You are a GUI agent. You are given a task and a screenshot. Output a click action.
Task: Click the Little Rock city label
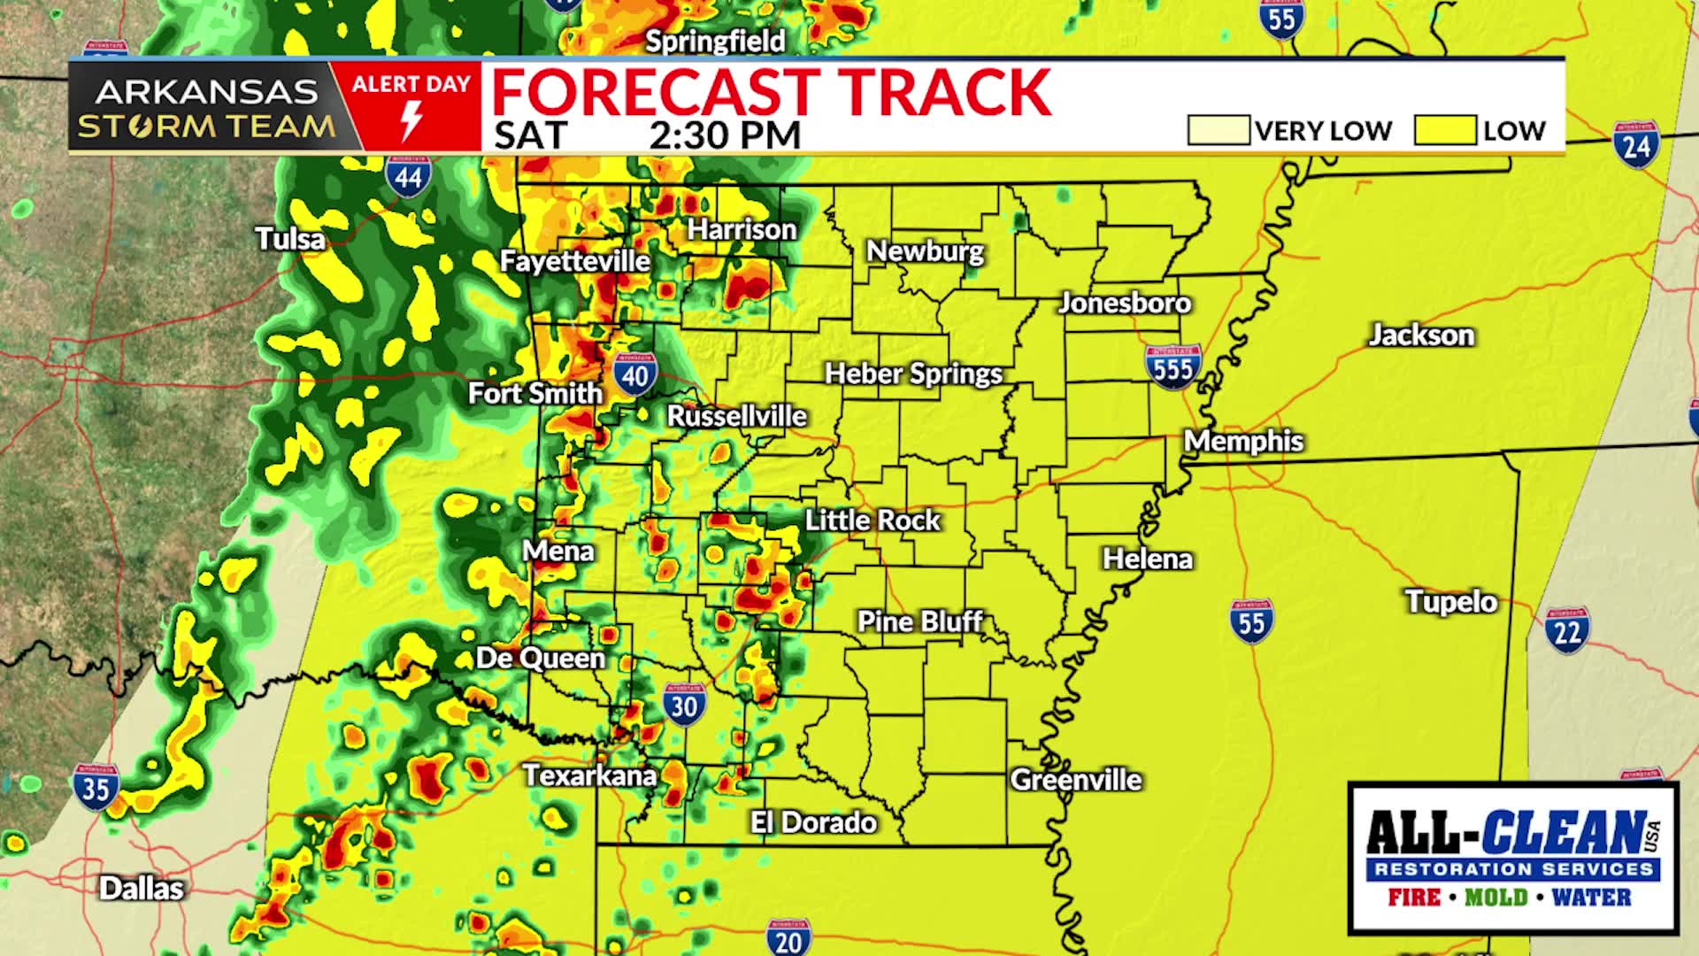873,520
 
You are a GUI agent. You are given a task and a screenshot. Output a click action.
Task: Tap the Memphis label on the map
1243,441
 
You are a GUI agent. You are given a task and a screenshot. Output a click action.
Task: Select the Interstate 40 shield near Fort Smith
634,374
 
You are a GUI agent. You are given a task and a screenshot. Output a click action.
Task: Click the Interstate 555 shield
1172,366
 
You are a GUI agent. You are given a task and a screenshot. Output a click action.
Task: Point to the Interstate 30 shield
684,705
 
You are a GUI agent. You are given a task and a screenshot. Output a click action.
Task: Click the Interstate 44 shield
408,176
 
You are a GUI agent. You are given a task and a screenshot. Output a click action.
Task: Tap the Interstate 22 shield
1567,631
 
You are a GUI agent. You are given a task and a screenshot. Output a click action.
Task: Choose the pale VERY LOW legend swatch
1218,130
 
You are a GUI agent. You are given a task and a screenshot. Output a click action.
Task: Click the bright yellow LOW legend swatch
1444,130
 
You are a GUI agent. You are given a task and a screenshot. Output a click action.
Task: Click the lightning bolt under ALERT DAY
411,120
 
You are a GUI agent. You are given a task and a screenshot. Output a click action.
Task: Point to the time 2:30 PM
725,135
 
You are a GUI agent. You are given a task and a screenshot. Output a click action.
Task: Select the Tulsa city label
290,239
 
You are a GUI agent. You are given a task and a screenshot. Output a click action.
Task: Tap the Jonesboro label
1125,304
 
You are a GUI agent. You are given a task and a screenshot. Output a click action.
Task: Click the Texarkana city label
589,776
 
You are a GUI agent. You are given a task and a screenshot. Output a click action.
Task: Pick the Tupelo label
1451,602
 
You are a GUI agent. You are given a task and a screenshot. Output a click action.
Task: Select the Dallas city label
142,888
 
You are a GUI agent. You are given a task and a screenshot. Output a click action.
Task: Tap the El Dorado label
813,822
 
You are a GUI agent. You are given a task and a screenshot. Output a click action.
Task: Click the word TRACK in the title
943,92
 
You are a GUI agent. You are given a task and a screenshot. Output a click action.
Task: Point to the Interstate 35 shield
96,787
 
